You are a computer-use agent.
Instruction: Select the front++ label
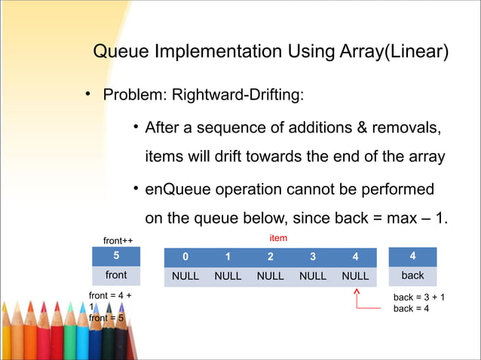click(x=118, y=240)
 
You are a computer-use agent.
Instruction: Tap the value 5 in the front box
click(x=115, y=256)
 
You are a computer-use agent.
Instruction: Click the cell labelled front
click(x=115, y=276)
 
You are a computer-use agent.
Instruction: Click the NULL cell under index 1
click(x=228, y=276)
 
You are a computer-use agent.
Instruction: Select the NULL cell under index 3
click(x=313, y=276)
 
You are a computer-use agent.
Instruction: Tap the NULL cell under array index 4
click(x=355, y=276)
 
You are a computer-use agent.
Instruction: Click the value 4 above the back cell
click(x=412, y=256)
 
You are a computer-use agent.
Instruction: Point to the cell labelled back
click(x=412, y=276)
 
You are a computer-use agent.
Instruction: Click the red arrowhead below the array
click(x=355, y=292)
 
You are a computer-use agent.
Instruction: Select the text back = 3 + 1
click(x=418, y=297)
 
